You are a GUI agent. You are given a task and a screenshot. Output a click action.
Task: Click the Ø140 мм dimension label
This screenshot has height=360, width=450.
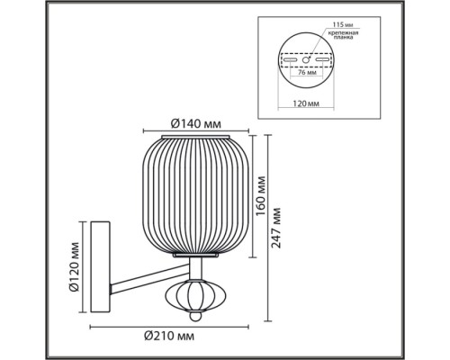click(196, 123)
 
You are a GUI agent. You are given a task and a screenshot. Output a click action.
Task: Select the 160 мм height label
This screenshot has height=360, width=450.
click(261, 196)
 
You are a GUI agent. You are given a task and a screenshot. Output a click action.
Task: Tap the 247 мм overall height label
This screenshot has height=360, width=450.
click(275, 228)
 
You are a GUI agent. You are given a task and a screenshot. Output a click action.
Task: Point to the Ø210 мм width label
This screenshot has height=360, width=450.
click(169, 336)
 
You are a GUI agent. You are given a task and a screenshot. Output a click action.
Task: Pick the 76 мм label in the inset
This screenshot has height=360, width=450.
click(305, 72)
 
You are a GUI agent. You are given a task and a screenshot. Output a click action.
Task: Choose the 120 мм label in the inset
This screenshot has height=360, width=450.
click(306, 103)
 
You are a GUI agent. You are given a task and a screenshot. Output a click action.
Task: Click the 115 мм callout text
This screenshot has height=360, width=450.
click(342, 24)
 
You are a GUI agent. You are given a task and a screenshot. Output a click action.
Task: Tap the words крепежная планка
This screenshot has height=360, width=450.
click(343, 35)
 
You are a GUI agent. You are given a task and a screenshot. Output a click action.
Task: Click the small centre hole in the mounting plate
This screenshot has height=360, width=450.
click(306, 59)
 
